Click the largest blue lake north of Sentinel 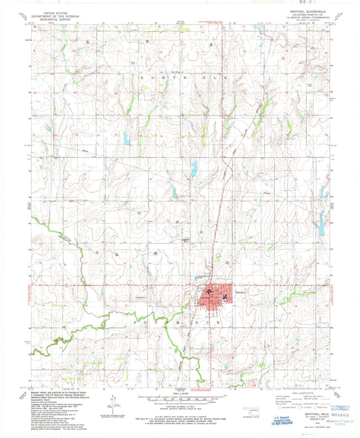pyautogui.click(x=192, y=168)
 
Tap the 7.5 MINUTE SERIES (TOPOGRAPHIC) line pyautogui.click(x=305, y=19)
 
